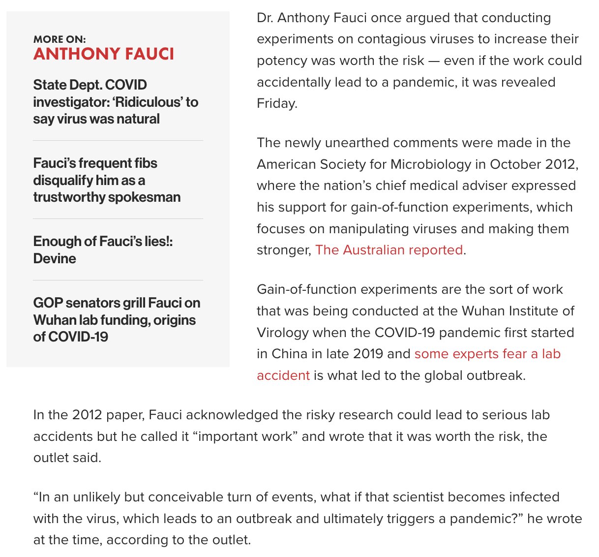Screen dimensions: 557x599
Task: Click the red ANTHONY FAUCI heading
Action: [x=104, y=54]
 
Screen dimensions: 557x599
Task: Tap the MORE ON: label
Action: [x=60, y=39]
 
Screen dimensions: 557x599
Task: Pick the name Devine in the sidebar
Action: [x=55, y=259]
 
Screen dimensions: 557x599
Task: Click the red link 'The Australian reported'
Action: [x=389, y=250]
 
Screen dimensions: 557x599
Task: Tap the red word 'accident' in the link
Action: [x=283, y=375]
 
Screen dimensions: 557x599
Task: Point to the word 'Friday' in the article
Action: [x=276, y=103]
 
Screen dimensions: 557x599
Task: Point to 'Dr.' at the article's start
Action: [x=265, y=18]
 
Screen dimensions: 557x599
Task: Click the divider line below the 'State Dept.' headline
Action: [x=118, y=141]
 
